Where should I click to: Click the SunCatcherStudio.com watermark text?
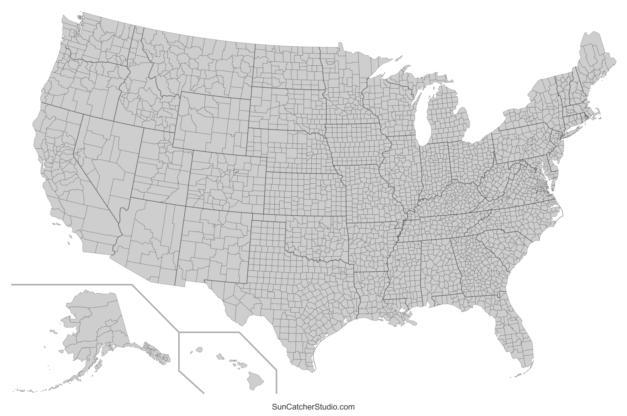(x=313, y=407)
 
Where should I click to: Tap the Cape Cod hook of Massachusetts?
(x=598, y=115)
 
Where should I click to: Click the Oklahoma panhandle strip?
(x=268, y=218)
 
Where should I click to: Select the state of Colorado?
(x=226, y=182)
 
